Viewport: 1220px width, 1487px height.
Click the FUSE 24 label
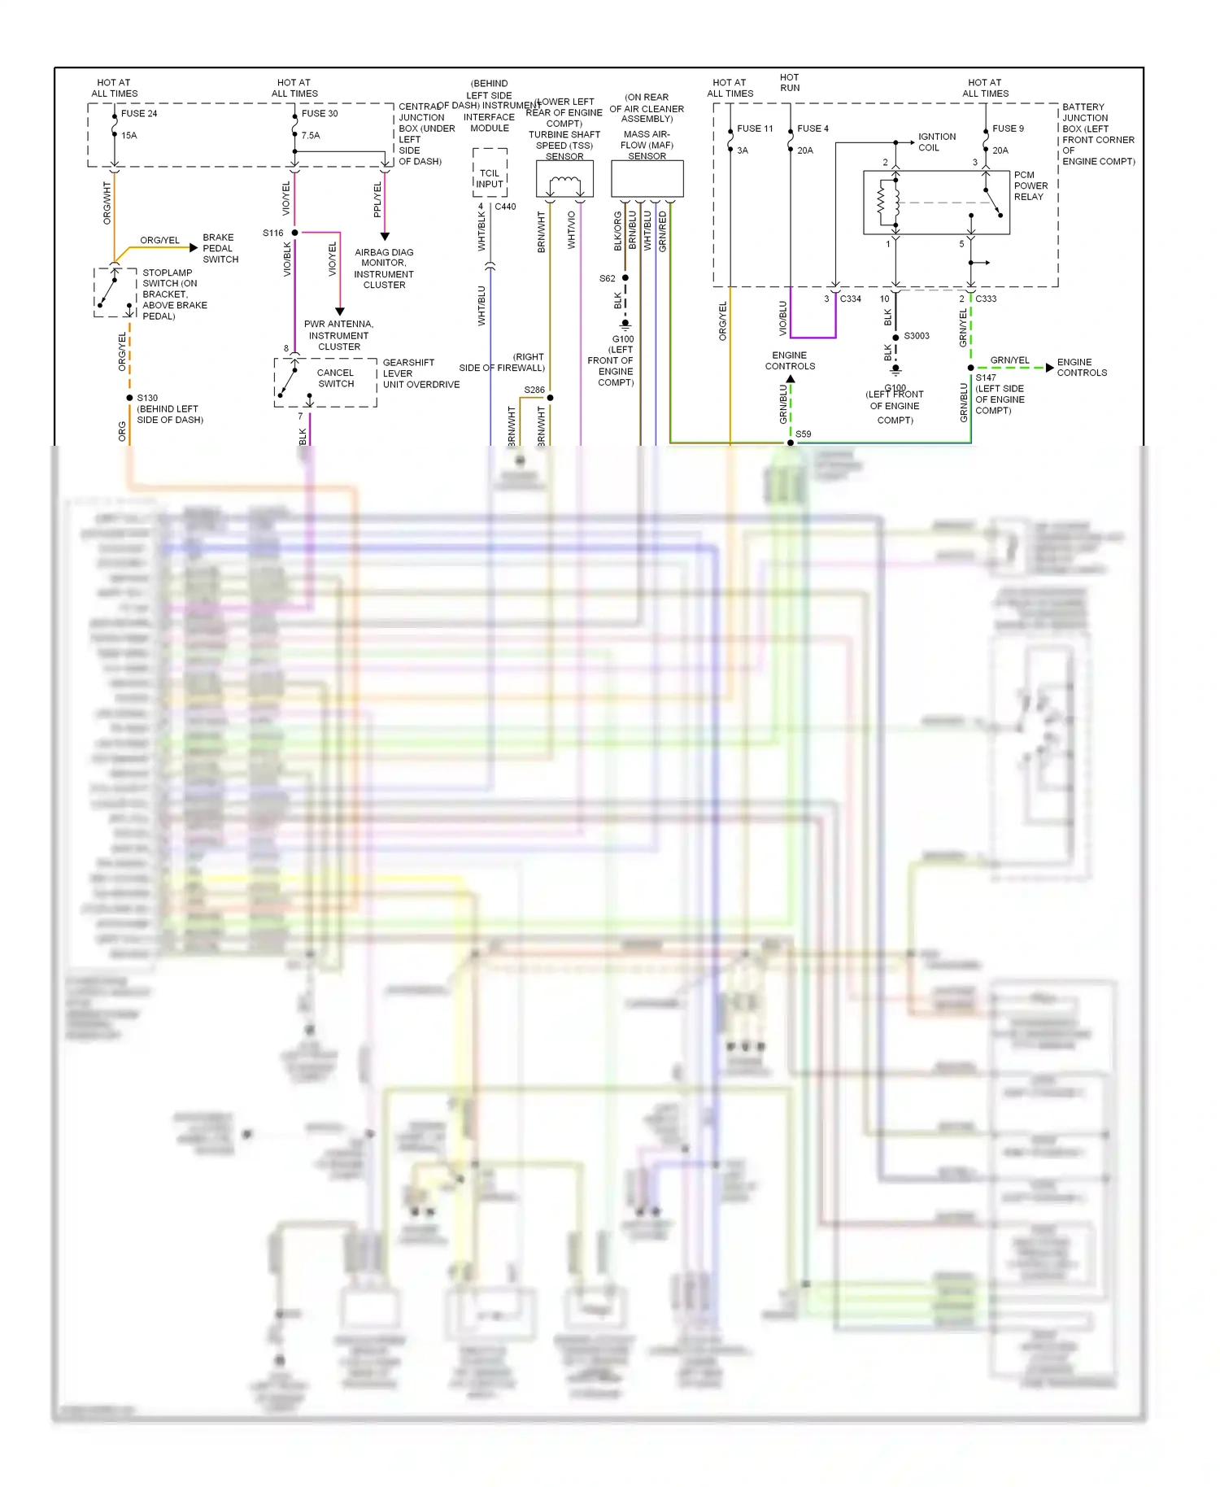[x=139, y=113]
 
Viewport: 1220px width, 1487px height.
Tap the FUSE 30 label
[x=320, y=113]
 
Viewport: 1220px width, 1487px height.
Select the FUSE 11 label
[x=755, y=129]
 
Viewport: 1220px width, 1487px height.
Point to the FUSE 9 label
[x=1008, y=129]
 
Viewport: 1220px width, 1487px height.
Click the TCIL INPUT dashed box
[x=490, y=173]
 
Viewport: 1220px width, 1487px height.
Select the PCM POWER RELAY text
[x=1030, y=185]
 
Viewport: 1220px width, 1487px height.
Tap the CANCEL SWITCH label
[x=336, y=378]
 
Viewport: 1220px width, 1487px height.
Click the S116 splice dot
[x=295, y=233]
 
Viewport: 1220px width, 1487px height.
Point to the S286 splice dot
[x=550, y=398]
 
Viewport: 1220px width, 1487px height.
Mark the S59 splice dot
[x=791, y=443]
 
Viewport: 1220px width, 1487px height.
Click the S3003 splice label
[x=917, y=336]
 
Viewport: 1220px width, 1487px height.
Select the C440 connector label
[x=505, y=207]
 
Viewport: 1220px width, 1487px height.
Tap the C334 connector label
[x=850, y=299]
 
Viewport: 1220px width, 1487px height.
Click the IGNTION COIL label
[x=937, y=142]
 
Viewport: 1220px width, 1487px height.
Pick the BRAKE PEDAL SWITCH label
[x=220, y=248]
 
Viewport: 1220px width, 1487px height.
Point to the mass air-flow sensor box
[x=647, y=179]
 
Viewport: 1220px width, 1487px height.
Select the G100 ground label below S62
[x=623, y=339]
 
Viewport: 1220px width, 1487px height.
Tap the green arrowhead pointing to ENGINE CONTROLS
[x=1050, y=368]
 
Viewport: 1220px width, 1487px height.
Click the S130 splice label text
[x=147, y=398]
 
